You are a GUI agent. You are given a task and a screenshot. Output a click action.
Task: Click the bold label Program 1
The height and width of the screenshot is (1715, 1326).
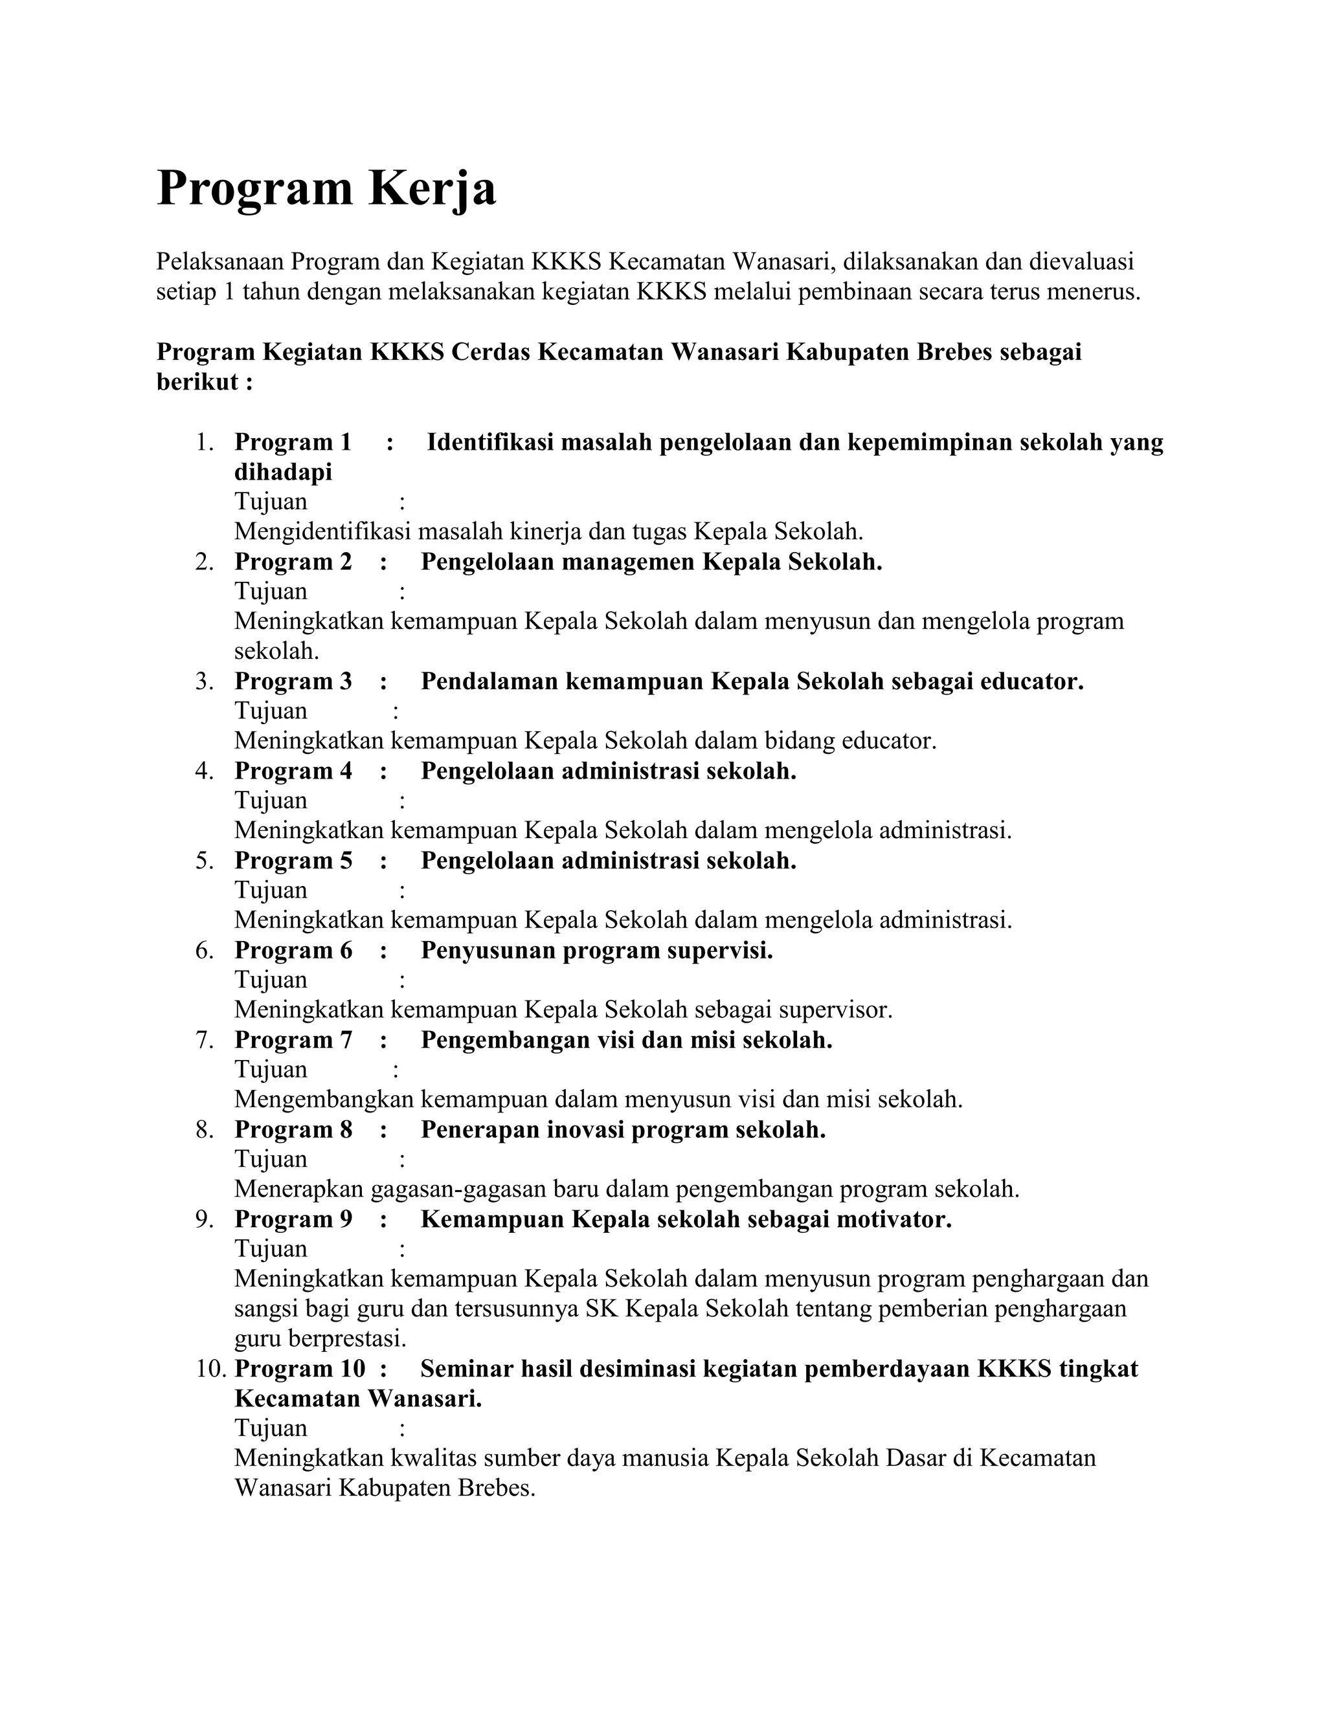(x=292, y=442)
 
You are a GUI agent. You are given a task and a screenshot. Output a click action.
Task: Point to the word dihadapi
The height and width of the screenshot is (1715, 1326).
(x=283, y=472)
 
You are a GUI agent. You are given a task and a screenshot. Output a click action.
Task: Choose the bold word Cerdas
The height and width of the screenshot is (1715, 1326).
(x=491, y=352)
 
